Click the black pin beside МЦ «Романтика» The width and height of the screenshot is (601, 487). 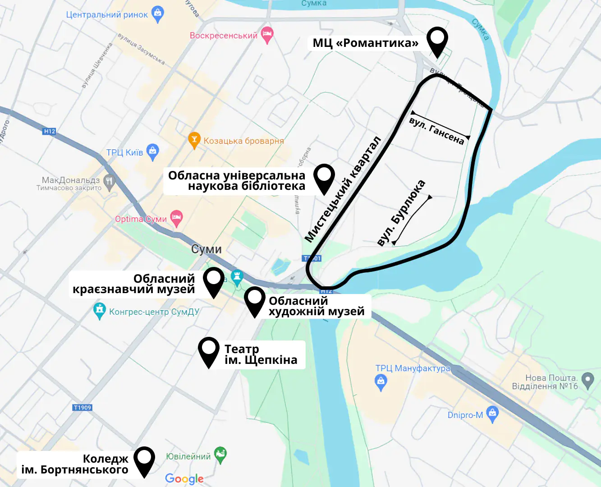[437, 40]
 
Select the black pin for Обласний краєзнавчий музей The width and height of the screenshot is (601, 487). [214, 280]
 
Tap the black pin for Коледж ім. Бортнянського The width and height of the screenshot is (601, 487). [144, 459]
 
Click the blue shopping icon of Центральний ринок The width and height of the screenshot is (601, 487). [158, 14]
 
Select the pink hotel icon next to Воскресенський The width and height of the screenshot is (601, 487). [267, 34]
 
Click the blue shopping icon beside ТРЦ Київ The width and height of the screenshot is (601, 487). [153, 152]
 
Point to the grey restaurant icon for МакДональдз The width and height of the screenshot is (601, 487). [109, 182]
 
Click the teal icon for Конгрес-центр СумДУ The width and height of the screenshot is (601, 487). [99, 311]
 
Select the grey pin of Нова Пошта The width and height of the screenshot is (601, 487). [587, 380]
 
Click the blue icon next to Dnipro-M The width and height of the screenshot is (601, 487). [492, 414]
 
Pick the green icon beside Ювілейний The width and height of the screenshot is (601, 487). [220, 455]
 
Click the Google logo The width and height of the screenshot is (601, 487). [184, 478]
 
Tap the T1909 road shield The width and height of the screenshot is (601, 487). [82, 407]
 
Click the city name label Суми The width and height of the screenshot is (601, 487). [206, 249]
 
